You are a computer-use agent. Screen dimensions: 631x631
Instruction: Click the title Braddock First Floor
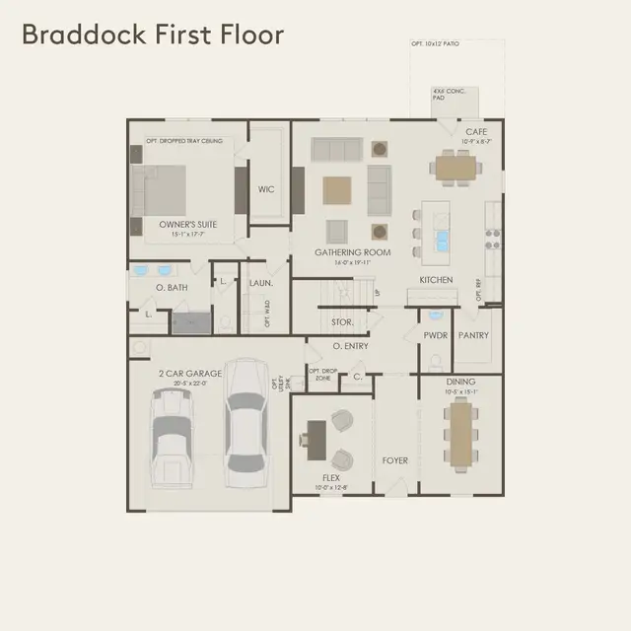tap(153, 35)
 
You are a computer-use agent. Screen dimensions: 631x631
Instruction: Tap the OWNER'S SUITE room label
tap(188, 224)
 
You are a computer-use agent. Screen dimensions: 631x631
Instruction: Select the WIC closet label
tap(266, 189)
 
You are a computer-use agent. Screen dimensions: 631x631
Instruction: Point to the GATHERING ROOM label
tap(353, 252)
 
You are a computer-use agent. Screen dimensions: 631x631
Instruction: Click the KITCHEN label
tap(436, 280)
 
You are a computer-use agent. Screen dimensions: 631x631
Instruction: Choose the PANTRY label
tap(473, 335)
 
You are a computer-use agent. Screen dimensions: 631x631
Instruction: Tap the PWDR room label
tap(435, 335)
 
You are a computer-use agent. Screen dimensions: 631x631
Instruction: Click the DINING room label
tap(460, 381)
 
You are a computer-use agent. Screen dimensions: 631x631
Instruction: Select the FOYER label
tap(395, 459)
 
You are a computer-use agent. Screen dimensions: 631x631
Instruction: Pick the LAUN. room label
tap(261, 283)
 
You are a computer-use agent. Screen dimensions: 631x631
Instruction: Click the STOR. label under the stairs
tap(342, 322)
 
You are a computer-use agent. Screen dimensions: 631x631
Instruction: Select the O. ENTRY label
tap(350, 346)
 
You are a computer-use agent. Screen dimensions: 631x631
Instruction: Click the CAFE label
tap(476, 131)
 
